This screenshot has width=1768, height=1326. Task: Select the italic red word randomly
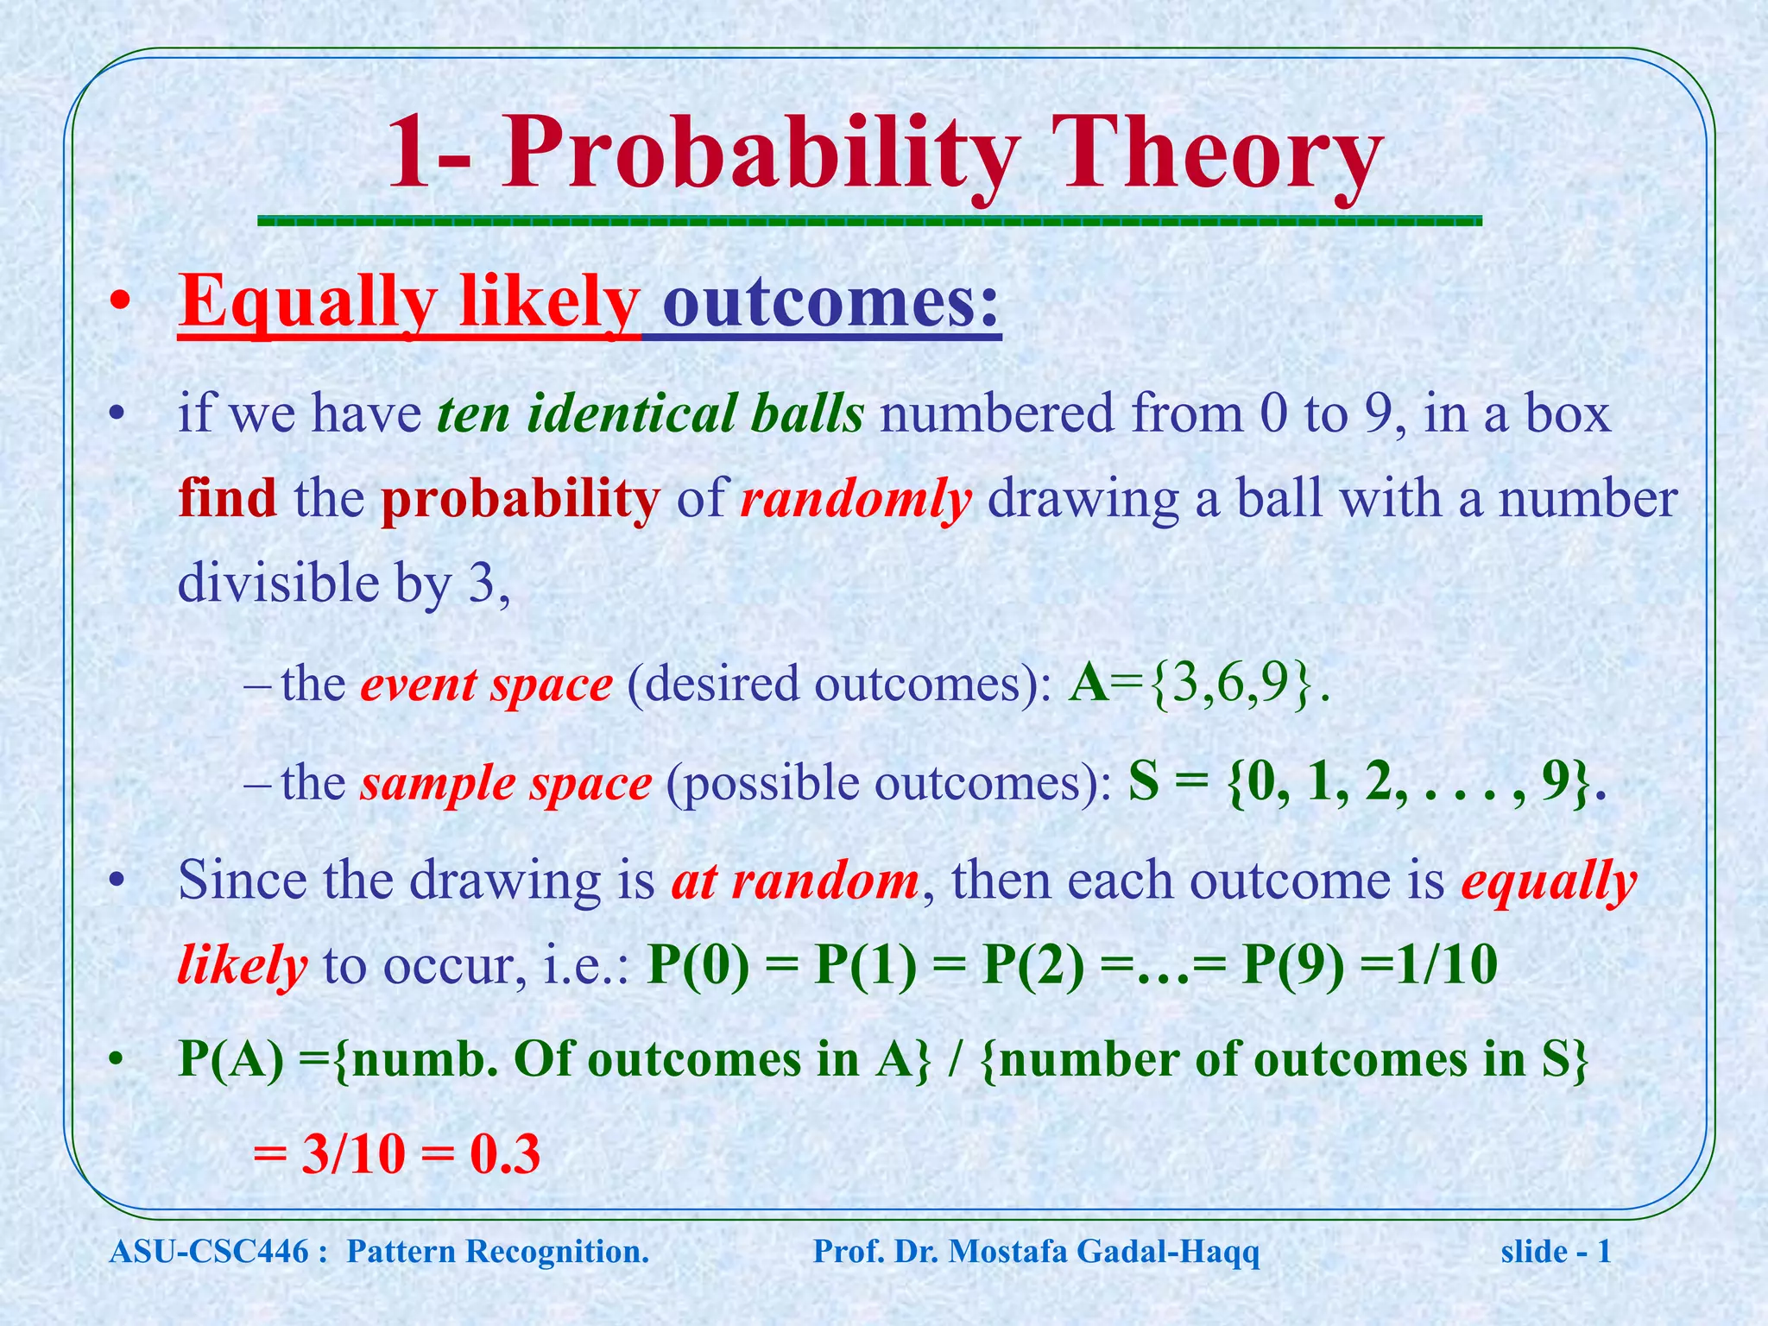[856, 500]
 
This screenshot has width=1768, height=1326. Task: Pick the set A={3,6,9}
[1196, 685]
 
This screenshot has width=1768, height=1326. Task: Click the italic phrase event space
[487, 685]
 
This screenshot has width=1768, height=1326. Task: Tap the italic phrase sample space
[506, 784]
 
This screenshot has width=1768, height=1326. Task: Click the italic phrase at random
[795, 881]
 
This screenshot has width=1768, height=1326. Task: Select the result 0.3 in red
[505, 1155]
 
